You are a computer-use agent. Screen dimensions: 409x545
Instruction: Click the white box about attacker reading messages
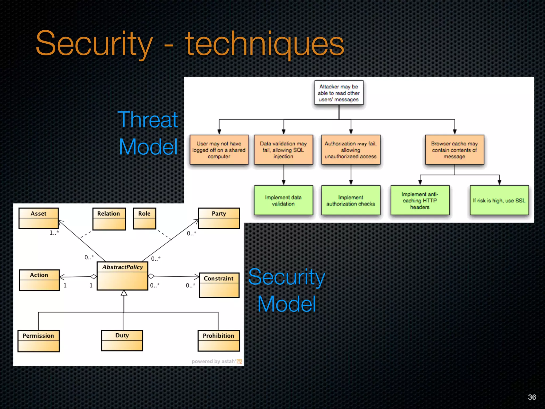pyautogui.click(x=339, y=93)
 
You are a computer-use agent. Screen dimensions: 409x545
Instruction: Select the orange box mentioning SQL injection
pyautogui.click(x=283, y=150)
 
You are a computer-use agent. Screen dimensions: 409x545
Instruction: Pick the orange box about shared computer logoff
pyautogui.click(x=219, y=150)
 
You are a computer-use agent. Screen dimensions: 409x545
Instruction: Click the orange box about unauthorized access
pyautogui.click(x=351, y=150)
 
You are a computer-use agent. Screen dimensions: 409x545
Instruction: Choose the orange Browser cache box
pyautogui.click(x=454, y=150)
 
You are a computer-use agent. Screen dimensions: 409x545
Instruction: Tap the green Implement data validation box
pyautogui.click(x=283, y=200)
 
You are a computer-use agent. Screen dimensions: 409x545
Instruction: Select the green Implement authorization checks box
pyautogui.click(x=351, y=200)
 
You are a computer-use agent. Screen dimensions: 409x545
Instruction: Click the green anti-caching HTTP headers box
pyautogui.click(x=420, y=200)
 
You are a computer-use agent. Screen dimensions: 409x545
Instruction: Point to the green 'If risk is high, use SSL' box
pyautogui.click(x=499, y=200)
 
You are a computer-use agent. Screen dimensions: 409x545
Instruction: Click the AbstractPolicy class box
pyautogui.click(x=122, y=276)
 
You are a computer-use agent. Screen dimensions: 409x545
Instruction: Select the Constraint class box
pyautogui.click(x=219, y=285)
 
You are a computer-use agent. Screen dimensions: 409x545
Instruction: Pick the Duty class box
pyautogui.click(x=122, y=341)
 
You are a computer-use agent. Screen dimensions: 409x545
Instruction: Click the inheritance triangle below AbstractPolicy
pyautogui.click(x=124, y=293)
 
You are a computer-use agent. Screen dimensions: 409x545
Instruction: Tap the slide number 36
pyautogui.click(x=532, y=397)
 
